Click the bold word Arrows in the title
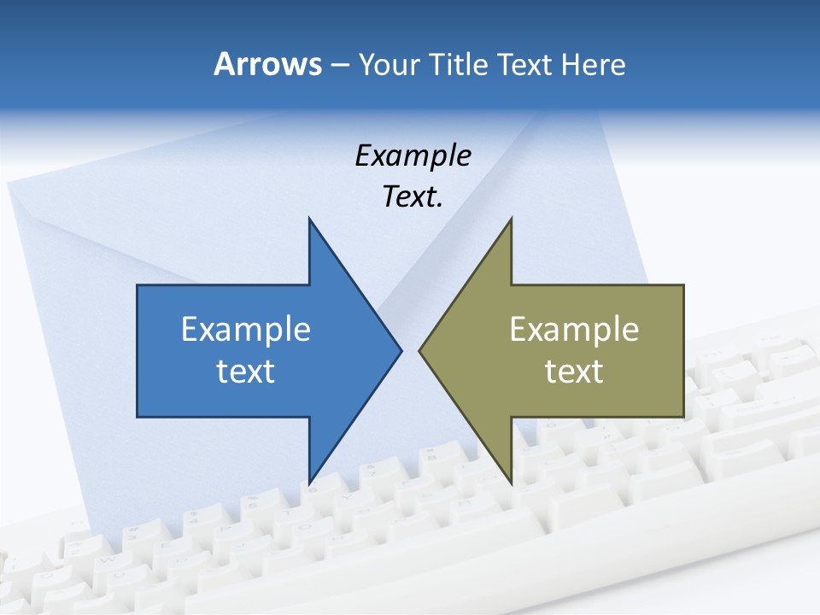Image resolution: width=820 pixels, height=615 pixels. click(267, 64)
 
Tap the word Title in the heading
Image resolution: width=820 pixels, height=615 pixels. click(459, 65)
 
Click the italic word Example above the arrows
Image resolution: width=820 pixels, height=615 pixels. click(413, 156)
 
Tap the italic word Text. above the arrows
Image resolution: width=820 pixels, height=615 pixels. click(413, 197)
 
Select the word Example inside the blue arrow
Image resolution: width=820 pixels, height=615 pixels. click(246, 330)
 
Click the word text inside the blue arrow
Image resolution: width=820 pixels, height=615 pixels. click(246, 372)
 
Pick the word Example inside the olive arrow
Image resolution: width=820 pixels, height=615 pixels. click(574, 330)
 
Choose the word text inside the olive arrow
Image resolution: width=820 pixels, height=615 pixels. click(574, 372)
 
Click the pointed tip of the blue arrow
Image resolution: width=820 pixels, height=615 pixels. click(400, 350)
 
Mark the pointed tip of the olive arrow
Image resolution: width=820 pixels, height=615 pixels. click(420, 350)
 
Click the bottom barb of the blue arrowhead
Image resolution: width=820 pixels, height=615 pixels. click(310, 480)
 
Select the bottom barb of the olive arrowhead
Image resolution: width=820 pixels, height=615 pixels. click(510, 480)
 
